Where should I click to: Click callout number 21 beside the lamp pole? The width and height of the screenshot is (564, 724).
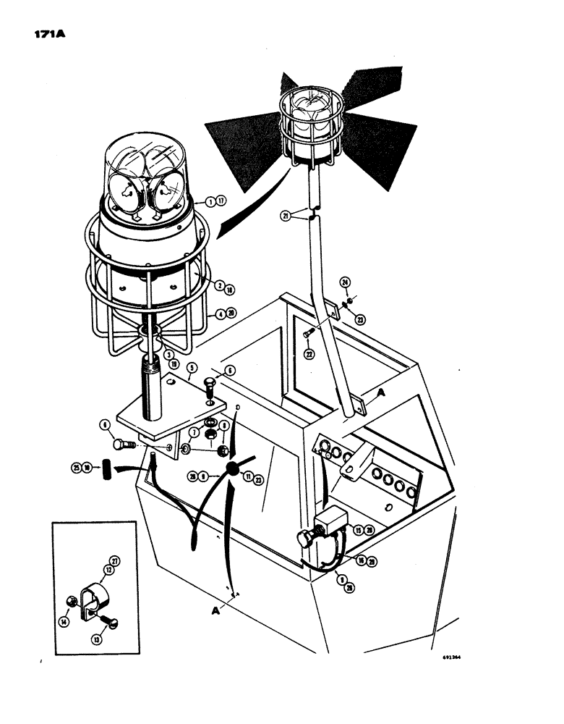(x=288, y=216)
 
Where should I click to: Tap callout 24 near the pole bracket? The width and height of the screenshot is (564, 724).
(x=346, y=284)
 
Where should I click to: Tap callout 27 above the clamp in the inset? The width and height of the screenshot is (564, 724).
(x=114, y=559)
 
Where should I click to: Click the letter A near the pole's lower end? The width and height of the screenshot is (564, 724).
(x=379, y=392)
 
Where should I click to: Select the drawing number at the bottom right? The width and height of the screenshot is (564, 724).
(x=451, y=658)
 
